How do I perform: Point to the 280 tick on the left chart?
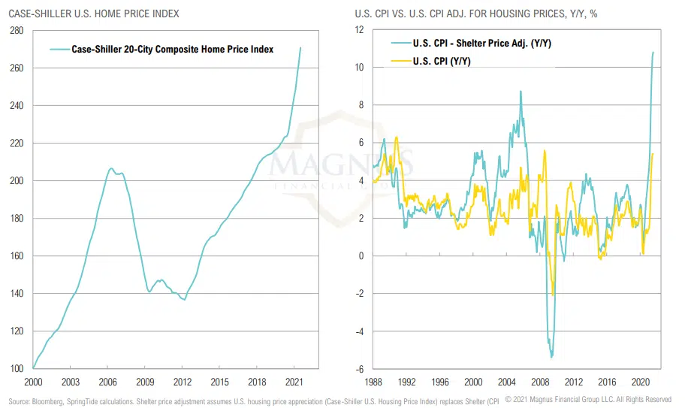coord(18,30)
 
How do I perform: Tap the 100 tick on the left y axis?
coord(18,369)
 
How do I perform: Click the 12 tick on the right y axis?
coord(358,30)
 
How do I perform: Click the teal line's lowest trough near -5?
coord(552,357)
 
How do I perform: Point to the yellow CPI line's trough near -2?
coord(554,295)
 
